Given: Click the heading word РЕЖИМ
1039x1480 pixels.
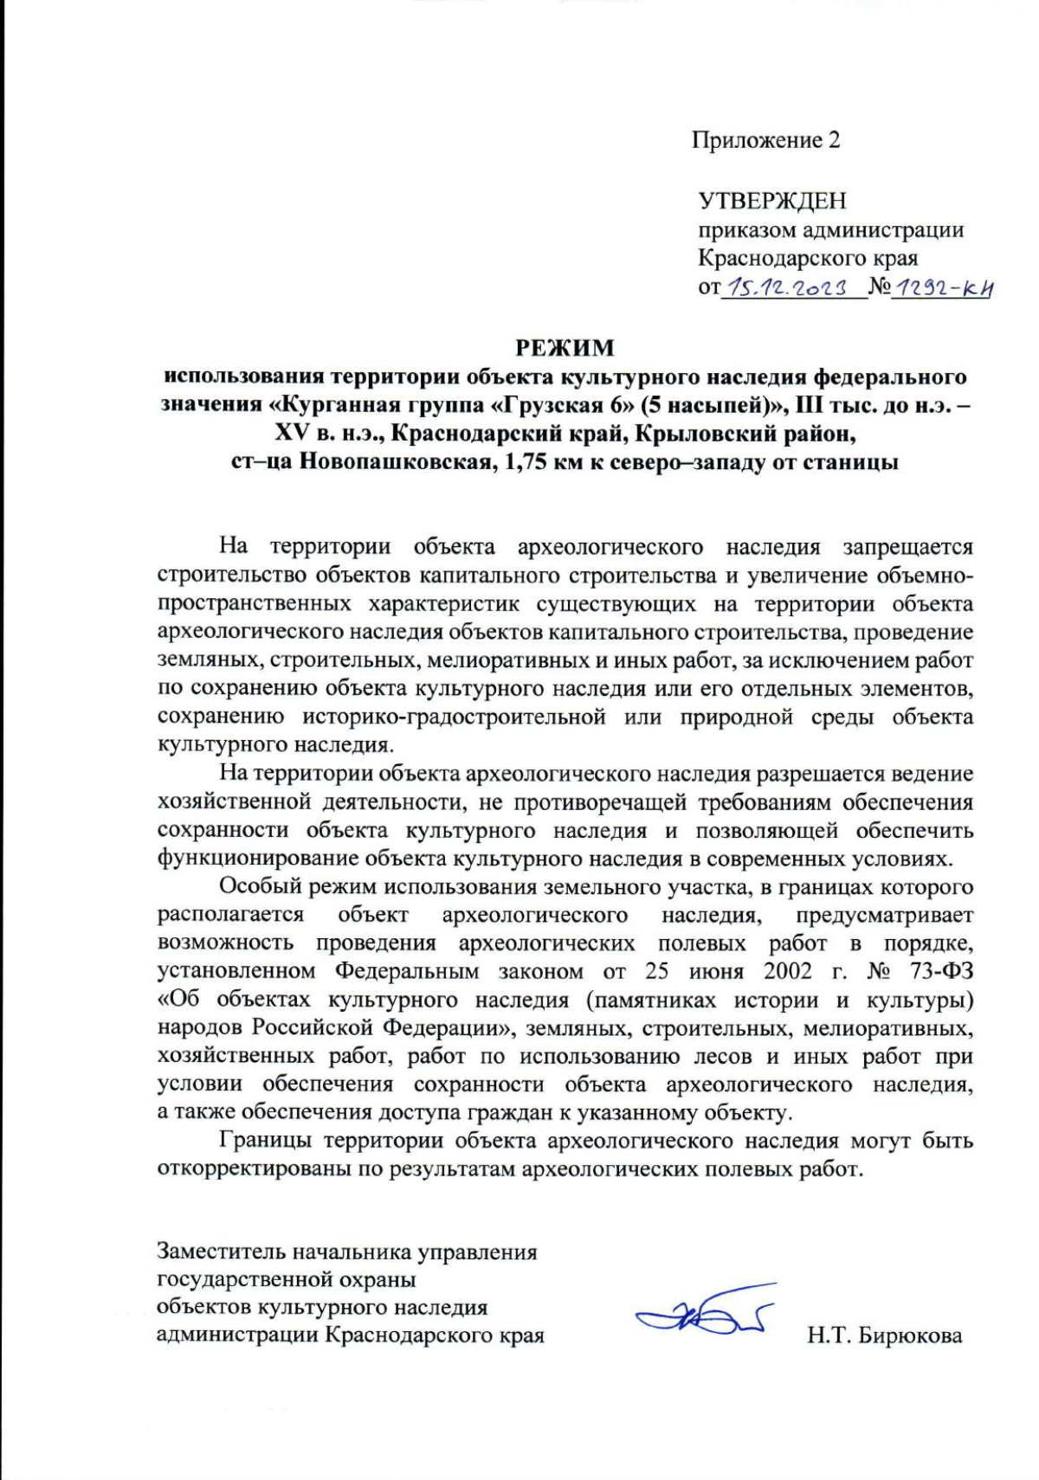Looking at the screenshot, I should point(565,348).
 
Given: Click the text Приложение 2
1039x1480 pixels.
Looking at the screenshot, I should point(765,140).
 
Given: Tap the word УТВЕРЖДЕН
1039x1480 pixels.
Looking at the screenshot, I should point(772,202).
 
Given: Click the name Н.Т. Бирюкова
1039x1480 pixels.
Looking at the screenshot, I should point(884,1336).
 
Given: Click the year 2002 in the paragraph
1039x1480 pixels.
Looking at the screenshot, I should point(787,971).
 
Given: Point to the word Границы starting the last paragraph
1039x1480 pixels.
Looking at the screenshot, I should point(267,1142).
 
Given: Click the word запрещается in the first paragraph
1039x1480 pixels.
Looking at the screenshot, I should point(907,548).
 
